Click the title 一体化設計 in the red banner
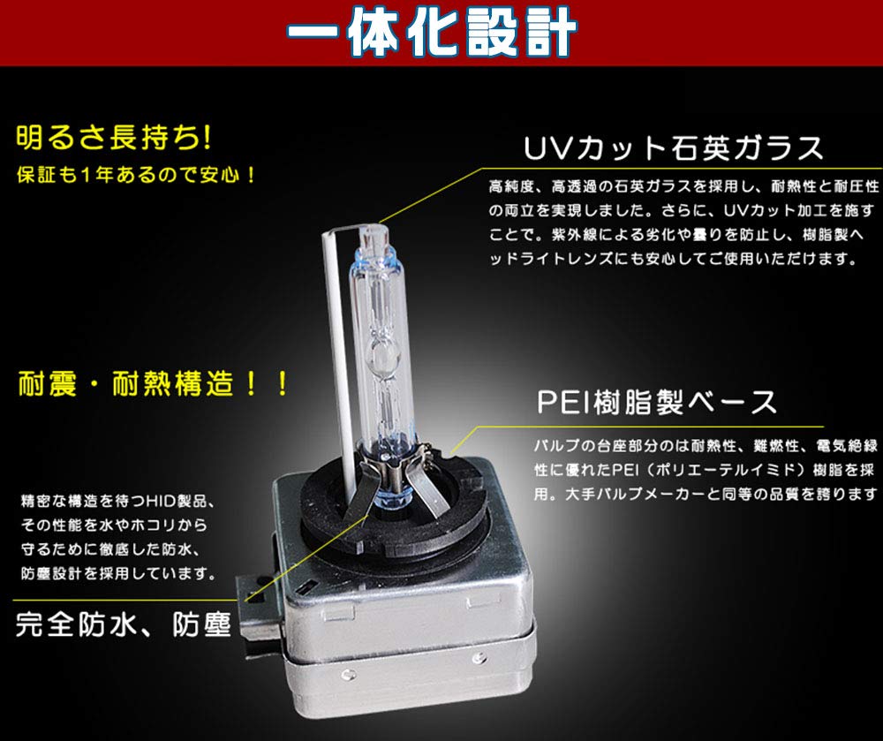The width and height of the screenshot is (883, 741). click(x=432, y=32)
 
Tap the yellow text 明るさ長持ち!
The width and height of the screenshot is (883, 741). click(x=115, y=139)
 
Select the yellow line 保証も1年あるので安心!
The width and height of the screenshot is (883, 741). click(x=136, y=175)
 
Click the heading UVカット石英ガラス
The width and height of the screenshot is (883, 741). click(x=674, y=148)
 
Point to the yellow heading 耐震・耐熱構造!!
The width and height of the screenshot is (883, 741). click(x=153, y=384)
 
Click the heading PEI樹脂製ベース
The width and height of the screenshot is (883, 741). click(x=657, y=402)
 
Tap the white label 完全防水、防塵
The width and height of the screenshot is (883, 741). click(x=124, y=624)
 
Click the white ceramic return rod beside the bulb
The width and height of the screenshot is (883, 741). click(x=340, y=360)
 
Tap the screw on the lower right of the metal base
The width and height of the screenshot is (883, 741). click(x=479, y=656)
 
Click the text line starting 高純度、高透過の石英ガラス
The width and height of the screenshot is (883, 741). click(x=683, y=186)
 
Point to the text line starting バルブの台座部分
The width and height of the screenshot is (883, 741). click(x=706, y=446)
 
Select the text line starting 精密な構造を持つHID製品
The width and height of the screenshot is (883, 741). click(x=117, y=501)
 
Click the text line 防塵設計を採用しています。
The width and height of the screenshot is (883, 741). click(x=119, y=574)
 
